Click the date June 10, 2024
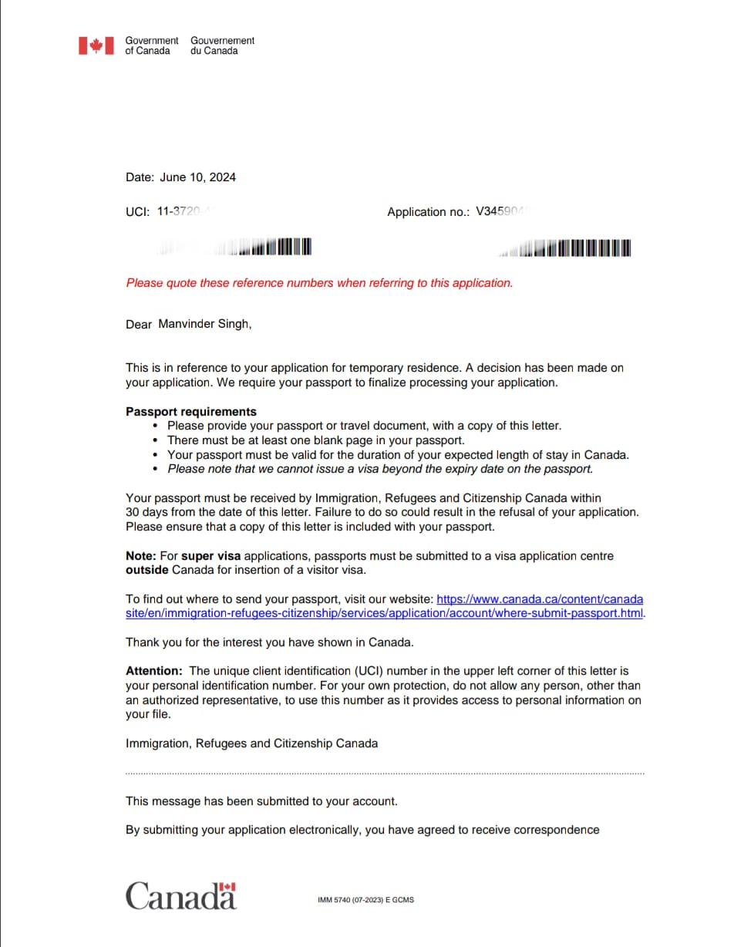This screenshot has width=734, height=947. (x=197, y=177)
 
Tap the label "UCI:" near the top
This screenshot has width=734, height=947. (x=138, y=211)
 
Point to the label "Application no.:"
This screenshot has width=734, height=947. (x=428, y=212)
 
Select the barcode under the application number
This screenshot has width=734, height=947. (x=571, y=248)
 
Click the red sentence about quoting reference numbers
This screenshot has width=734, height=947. (x=319, y=283)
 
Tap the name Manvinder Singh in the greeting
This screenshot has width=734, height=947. (x=204, y=324)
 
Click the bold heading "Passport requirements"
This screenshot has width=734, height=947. (x=191, y=412)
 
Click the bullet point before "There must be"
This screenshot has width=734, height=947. (x=157, y=441)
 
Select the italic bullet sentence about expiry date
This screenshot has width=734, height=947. (x=380, y=469)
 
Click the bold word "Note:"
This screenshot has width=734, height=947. (x=141, y=556)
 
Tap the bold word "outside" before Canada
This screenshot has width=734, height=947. (x=146, y=571)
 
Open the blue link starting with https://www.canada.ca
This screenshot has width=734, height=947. (x=540, y=599)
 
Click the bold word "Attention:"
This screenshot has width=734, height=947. (x=154, y=672)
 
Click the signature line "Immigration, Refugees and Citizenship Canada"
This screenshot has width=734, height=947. (x=251, y=743)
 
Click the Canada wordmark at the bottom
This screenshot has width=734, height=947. (x=181, y=896)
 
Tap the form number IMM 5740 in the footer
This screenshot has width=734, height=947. (x=365, y=900)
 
